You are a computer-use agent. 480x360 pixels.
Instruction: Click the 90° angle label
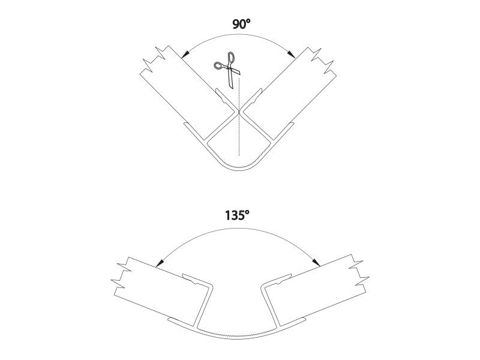[x=242, y=23]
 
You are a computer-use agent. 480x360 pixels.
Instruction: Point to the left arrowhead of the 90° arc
[x=185, y=54]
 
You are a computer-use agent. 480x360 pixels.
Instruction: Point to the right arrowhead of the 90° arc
[x=291, y=54]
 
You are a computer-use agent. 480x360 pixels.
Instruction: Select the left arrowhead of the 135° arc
[x=160, y=262]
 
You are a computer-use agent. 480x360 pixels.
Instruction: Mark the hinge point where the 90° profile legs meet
[x=239, y=112]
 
